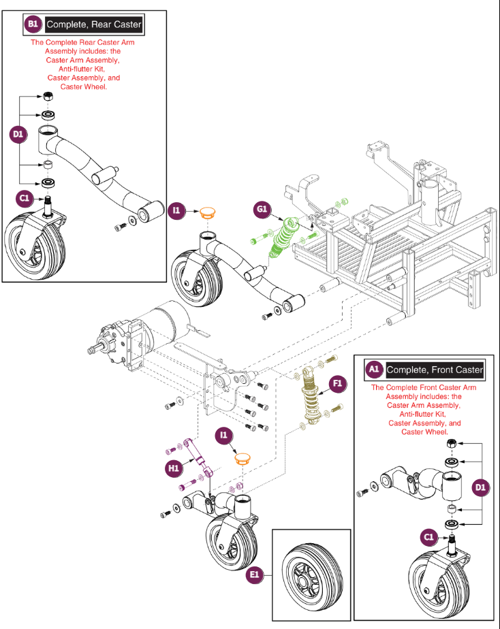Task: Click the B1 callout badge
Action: click(33, 25)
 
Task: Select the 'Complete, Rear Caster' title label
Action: click(94, 25)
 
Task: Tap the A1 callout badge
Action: click(373, 370)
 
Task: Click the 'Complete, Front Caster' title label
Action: click(435, 370)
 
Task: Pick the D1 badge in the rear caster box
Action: click(18, 135)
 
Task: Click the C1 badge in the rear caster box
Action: click(25, 198)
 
